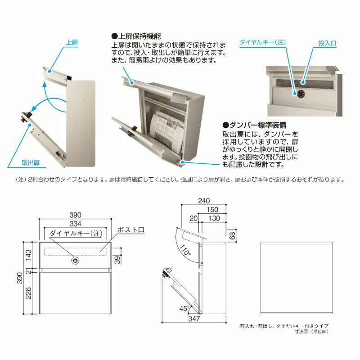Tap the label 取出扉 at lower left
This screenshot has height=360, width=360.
coord(31,162)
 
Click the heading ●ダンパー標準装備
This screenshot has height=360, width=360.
coord(254,125)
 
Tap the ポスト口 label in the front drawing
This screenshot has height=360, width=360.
coord(130,230)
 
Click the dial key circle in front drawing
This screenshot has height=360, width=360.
coord(76,260)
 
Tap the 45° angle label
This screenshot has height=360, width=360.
coord(183,309)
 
